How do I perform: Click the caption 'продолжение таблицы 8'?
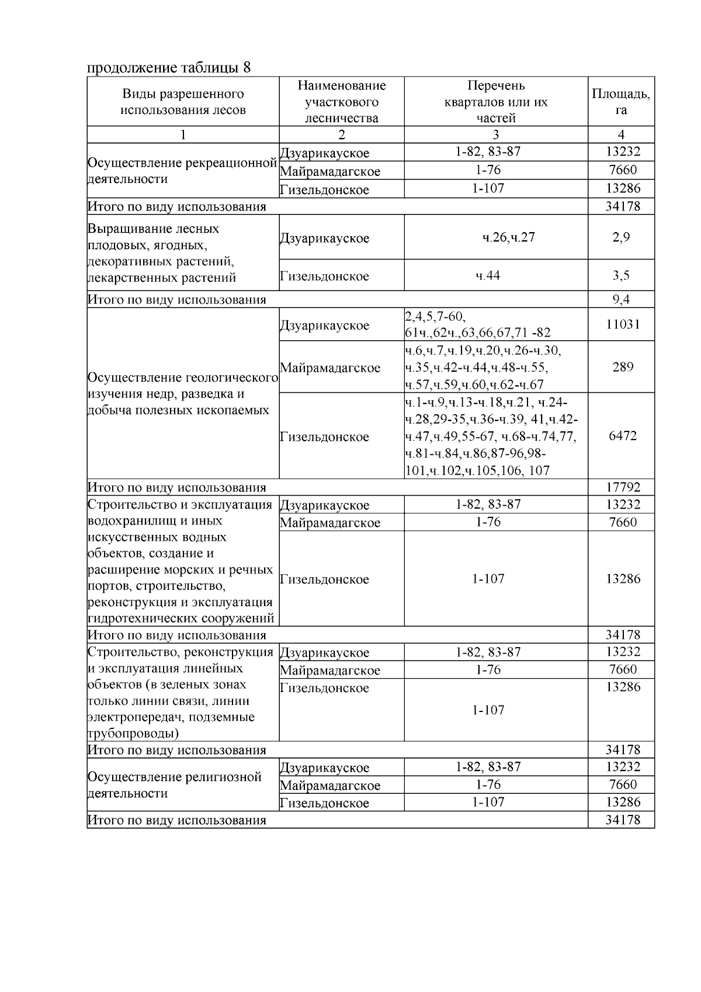click(x=169, y=67)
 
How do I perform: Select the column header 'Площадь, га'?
click(x=620, y=102)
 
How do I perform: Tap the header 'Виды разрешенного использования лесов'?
click(x=183, y=102)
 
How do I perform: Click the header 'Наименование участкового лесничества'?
click(x=342, y=102)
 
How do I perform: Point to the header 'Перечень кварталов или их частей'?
click(x=496, y=102)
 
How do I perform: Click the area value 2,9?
click(x=620, y=237)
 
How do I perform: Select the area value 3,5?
click(x=620, y=275)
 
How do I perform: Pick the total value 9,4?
click(x=620, y=300)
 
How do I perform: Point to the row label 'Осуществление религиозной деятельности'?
click(x=174, y=785)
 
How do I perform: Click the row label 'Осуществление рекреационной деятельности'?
click(x=182, y=171)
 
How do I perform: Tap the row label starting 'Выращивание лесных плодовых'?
click(x=162, y=253)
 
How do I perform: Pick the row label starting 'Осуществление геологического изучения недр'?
click(x=182, y=393)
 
